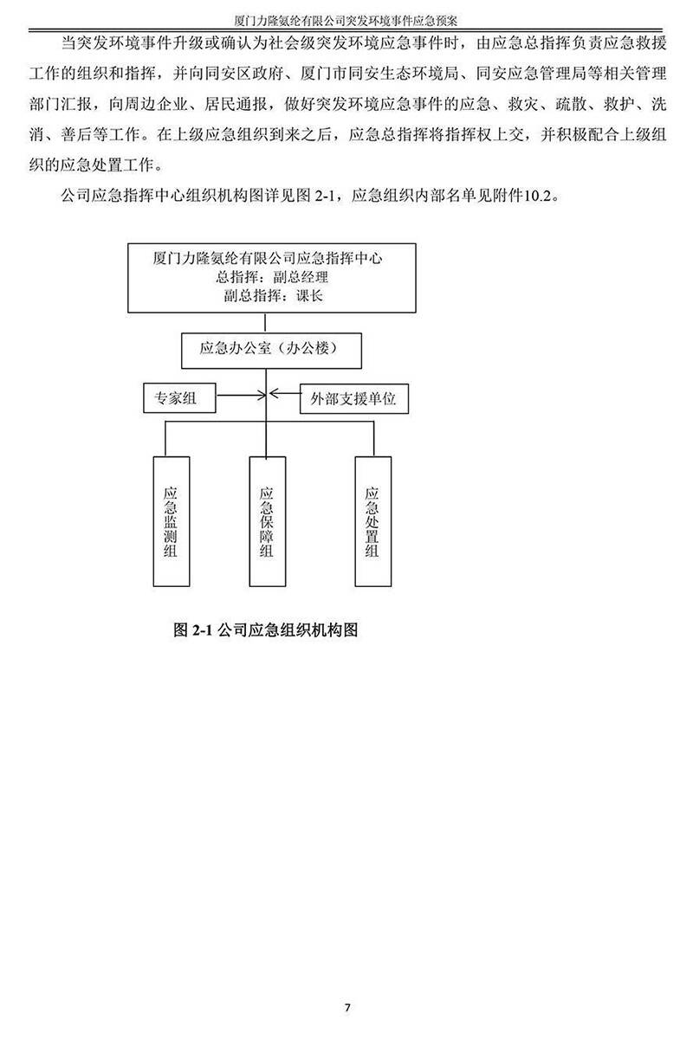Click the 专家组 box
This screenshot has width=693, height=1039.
[x=179, y=397]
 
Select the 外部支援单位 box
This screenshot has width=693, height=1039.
[x=353, y=398]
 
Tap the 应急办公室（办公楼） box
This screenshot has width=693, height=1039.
[x=271, y=350]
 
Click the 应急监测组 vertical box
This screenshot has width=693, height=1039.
[x=172, y=521]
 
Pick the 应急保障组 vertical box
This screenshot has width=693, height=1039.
[x=268, y=521]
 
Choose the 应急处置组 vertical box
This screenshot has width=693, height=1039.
[x=372, y=521]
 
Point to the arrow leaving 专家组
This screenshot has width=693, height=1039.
[x=241, y=395]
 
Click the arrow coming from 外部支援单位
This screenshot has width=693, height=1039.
[x=284, y=393]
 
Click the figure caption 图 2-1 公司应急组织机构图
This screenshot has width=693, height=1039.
[x=265, y=630]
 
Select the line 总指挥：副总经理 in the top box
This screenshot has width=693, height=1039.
[x=272, y=277]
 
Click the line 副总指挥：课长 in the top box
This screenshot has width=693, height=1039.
[x=273, y=295]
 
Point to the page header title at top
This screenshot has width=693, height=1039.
[x=346, y=21]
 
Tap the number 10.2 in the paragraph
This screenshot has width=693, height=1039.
[x=538, y=196]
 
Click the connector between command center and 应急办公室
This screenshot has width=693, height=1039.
[x=265, y=323]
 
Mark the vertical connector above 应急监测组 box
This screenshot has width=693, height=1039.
[x=165, y=439]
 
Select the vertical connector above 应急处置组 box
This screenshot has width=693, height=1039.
[x=373, y=439]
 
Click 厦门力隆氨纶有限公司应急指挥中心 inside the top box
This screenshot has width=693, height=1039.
[x=268, y=258]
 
